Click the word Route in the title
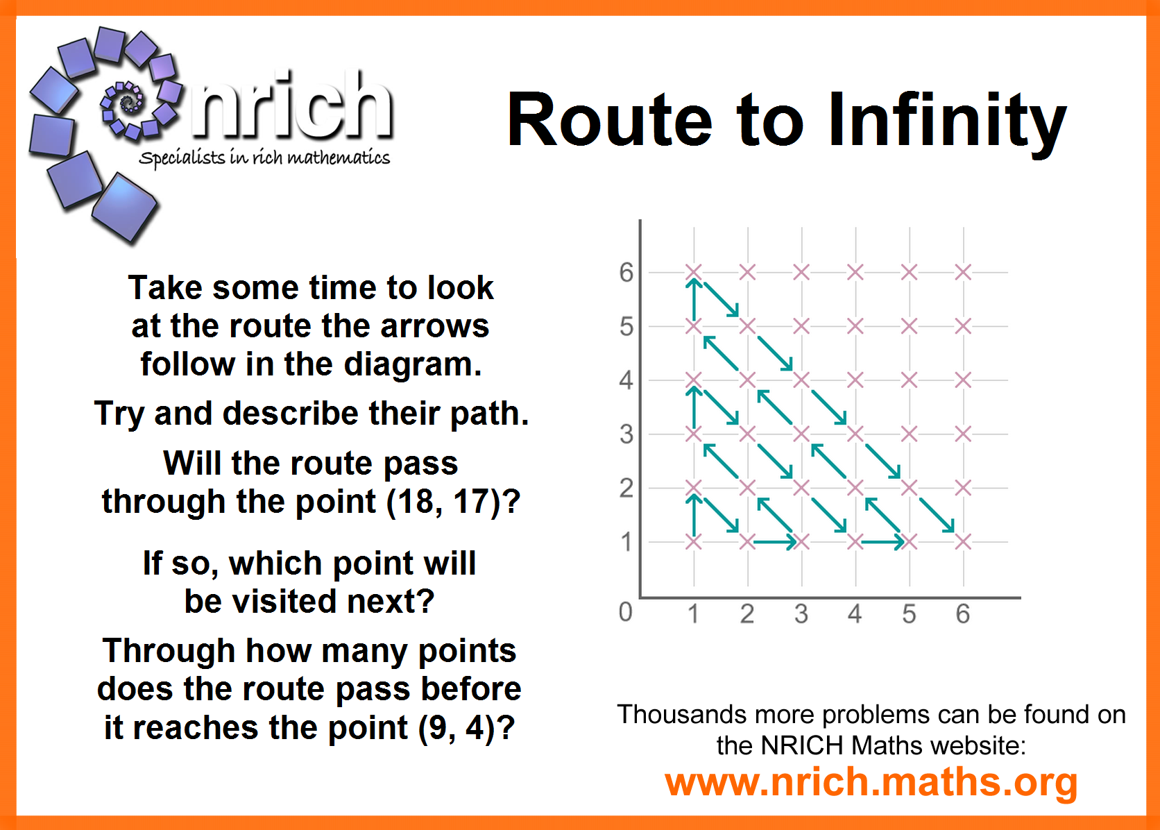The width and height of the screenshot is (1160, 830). [610, 119]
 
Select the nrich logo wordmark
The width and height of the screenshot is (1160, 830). [291, 105]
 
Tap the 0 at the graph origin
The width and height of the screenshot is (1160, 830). [626, 612]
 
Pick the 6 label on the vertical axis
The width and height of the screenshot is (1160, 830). [626, 272]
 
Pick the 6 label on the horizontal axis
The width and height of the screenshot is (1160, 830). [963, 614]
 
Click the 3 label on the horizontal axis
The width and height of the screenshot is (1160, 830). [801, 614]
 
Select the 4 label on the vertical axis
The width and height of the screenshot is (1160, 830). [626, 380]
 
